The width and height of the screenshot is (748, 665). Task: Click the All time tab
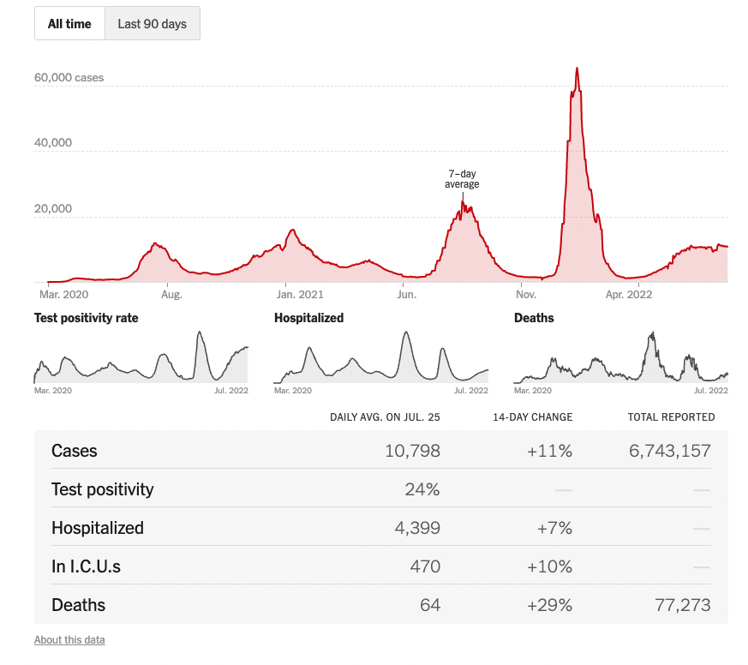point(69,24)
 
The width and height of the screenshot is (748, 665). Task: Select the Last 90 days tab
point(152,24)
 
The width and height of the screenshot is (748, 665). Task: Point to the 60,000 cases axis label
point(69,78)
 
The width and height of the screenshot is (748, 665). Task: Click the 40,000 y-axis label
point(53,143)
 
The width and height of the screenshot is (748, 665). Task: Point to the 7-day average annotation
point(462,179)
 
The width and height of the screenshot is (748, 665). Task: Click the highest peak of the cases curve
point(577,69)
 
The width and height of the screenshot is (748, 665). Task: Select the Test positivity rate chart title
point(86,318)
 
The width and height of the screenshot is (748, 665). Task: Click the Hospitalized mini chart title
point(308,318)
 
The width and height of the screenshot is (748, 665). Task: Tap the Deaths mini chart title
point(534,318)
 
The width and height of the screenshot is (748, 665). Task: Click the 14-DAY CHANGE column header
point(532,417)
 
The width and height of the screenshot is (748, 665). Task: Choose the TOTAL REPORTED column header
point(671,417)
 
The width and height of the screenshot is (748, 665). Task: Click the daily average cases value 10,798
point(413,451)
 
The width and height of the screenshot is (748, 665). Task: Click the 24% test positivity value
point(422,489)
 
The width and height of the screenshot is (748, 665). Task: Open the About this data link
point(69,640)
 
